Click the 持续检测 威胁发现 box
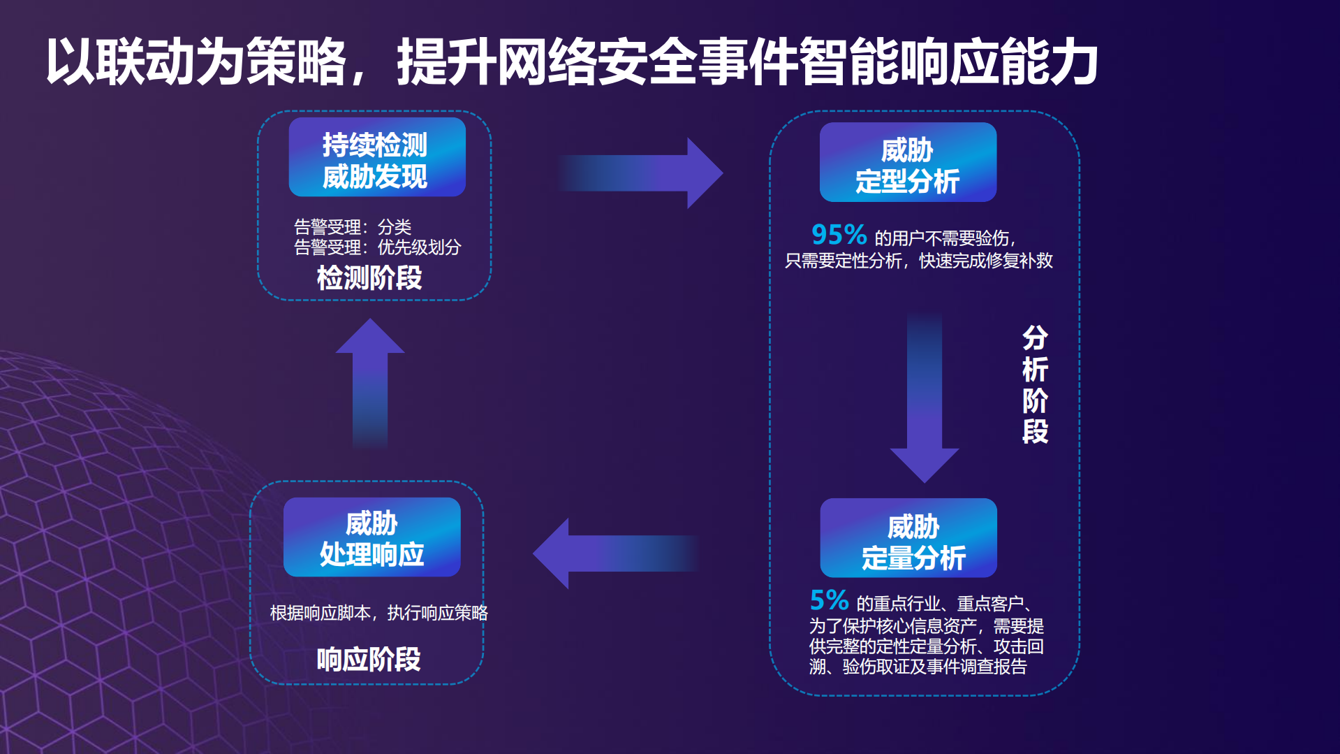coord(377,157)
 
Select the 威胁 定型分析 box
coord(908,163)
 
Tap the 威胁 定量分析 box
coord(908,538)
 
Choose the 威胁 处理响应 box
coord(371,537)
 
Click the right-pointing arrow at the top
coord(642,173)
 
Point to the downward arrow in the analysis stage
coord(925,398)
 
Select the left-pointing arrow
coord(614,553)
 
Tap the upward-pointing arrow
coord(370,381)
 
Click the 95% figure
coord(838,235)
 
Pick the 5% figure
coord(829,600)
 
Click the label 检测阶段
coord(369,278)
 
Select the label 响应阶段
coord(369,659)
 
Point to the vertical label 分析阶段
coord(1035,384)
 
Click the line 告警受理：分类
coord(353,227)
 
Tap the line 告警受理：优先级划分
coord(377,247)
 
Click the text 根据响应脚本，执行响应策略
coord(378,613)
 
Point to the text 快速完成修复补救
coord(985,261)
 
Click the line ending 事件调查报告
coord(918,667)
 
